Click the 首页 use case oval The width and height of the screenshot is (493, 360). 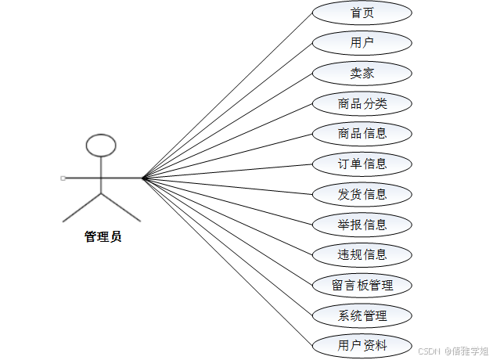tap(362, 13)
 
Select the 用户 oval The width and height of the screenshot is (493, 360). tap(362, 43)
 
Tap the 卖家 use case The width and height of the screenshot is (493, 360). tap(362, 74)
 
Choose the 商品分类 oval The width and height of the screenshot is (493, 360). tap(362, 103)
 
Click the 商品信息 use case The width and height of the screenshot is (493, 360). tap(362, 133)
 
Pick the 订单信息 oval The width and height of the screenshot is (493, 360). tap(362, 164)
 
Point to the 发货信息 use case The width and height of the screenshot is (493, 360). tap(362, 194)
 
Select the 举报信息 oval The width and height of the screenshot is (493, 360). tap(362, 225)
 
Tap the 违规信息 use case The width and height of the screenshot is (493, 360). tap(362, 254)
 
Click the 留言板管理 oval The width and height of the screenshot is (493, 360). tap(362, 285)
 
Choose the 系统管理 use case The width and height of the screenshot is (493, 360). tap(362, 315)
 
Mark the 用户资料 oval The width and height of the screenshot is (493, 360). tap(362, 345)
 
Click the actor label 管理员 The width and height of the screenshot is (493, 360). tap(103, 236)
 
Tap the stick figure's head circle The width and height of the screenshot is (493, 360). tap(101, 145)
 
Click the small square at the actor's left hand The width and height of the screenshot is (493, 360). tap(63, 178)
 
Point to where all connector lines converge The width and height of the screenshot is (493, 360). tap(143, 178)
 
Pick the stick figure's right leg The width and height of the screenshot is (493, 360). tap(121, 206)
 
